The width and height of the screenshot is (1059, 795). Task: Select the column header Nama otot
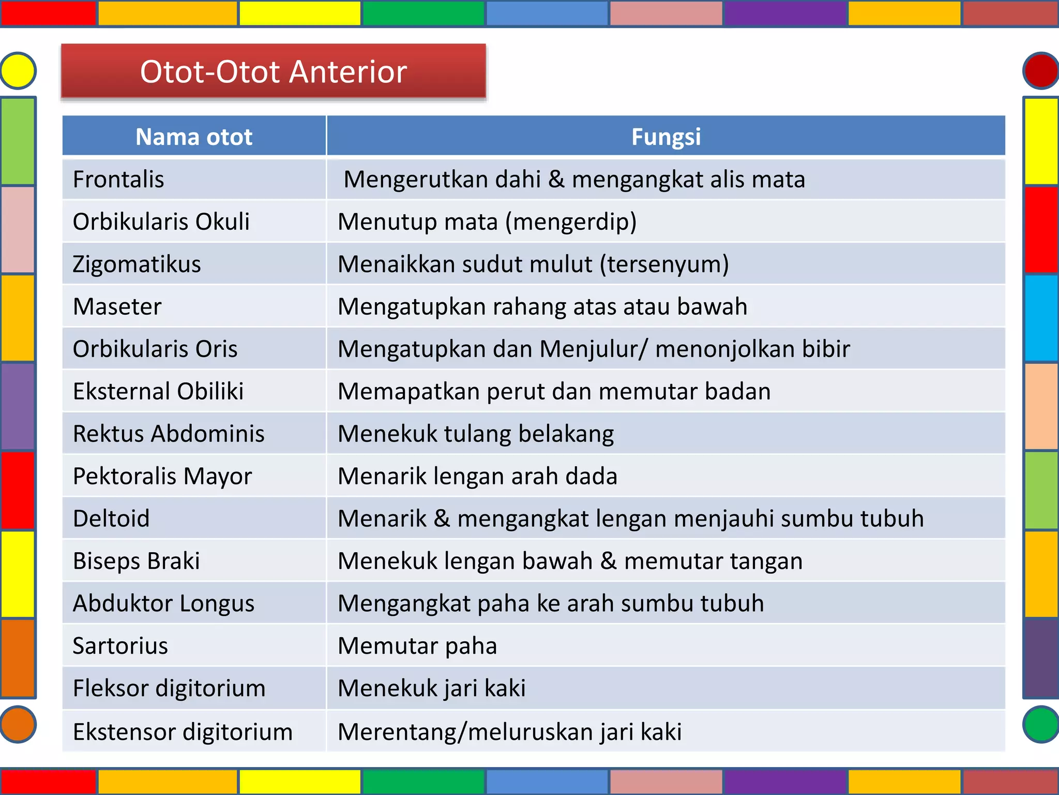click(193, 137)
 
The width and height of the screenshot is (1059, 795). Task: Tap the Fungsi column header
click(665, 137)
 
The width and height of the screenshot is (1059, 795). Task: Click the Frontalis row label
click(118, 180)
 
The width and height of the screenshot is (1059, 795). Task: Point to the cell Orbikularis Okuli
click(161, 222)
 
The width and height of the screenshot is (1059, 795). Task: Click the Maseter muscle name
click(117, 306)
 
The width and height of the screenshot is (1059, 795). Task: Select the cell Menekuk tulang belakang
click(475, 434)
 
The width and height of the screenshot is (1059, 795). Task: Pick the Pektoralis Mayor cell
click(162, 476)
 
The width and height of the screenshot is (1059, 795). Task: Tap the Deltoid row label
click(111, 519)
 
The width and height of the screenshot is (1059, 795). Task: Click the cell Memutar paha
click(417, 646)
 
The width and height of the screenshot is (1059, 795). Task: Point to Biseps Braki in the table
click(136, 561)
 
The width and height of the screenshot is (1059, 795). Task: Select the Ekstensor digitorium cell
click(183, 732)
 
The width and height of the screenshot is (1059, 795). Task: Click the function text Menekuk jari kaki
click(431, 688)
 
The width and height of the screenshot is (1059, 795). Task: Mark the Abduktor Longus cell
click(163, 603)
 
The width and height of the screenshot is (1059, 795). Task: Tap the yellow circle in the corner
click(18, 70)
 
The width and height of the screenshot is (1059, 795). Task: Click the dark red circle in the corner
click(1041, 70)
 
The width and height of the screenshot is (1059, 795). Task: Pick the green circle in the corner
click(1041, 724)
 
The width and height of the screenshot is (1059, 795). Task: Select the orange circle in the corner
click(18, 724)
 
